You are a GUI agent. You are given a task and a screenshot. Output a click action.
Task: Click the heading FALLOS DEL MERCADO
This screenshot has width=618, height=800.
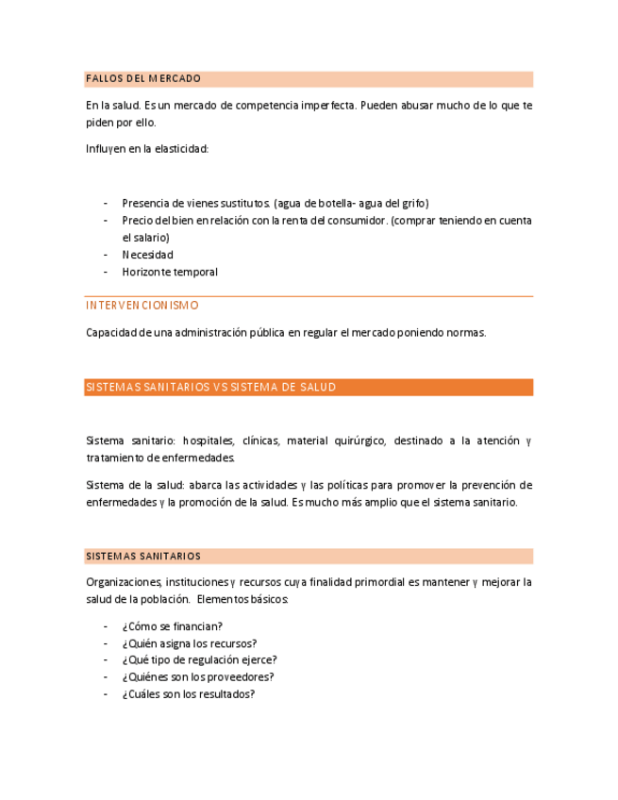click(143, 78)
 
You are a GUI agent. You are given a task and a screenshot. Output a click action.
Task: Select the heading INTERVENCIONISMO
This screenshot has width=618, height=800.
click(142, 306)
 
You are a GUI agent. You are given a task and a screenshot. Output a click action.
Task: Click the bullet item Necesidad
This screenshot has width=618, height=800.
click(147, 255)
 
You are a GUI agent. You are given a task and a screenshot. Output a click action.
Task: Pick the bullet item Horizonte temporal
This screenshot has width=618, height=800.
click(170, 272)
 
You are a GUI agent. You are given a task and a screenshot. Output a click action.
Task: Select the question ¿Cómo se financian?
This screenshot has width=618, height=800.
click(172, 626)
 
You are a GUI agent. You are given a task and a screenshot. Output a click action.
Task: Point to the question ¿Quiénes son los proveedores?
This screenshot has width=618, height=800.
click(198, 676)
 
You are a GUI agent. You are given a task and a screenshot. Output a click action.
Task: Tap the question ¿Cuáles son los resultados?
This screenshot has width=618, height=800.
click(188, 694)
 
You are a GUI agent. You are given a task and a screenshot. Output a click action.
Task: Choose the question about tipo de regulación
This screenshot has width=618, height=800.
click(199, 660)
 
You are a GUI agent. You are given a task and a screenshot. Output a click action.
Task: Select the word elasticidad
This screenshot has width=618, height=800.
click(181, 149)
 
